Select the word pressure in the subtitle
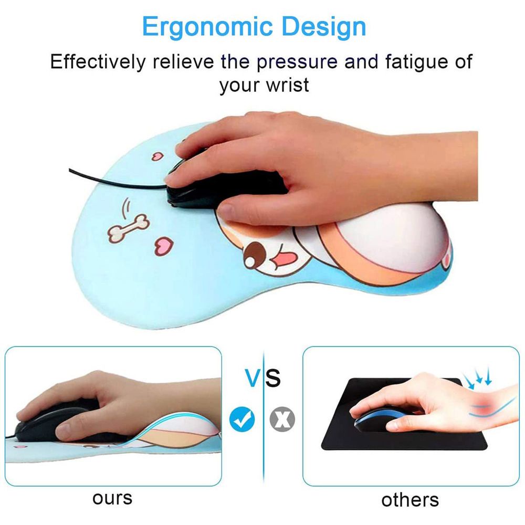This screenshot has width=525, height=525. point(297,62)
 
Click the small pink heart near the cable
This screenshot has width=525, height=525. point(157,156)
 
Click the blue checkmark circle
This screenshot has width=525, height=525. point(242,418)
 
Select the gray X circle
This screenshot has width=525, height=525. point(282,419)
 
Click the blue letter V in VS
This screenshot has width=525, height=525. point(254,378)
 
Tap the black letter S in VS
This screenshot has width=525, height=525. point(273,378)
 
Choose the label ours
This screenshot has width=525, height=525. point(112,499)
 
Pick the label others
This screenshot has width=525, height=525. point(410,500)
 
